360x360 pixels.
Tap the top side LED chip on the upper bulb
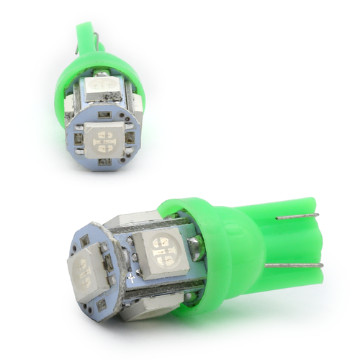click(x=105, y=91)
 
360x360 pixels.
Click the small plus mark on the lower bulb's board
click(x=130, y=276)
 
